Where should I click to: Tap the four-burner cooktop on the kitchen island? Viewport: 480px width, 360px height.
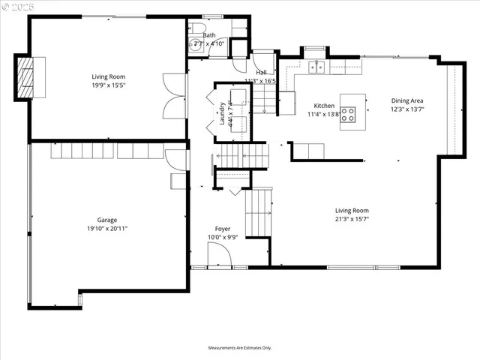coord(349,115)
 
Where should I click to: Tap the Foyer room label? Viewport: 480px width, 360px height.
coord(223,229)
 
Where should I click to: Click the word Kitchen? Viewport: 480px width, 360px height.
coord(324,106)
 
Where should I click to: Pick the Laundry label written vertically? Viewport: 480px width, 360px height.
coord(223,114)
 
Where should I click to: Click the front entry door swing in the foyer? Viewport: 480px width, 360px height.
coord(220,257)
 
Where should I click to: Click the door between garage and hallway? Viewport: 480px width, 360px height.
coord(176,159)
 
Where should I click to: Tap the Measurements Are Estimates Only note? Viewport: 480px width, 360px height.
coord(240,348)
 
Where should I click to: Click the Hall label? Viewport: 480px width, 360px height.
coord(260,73)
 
